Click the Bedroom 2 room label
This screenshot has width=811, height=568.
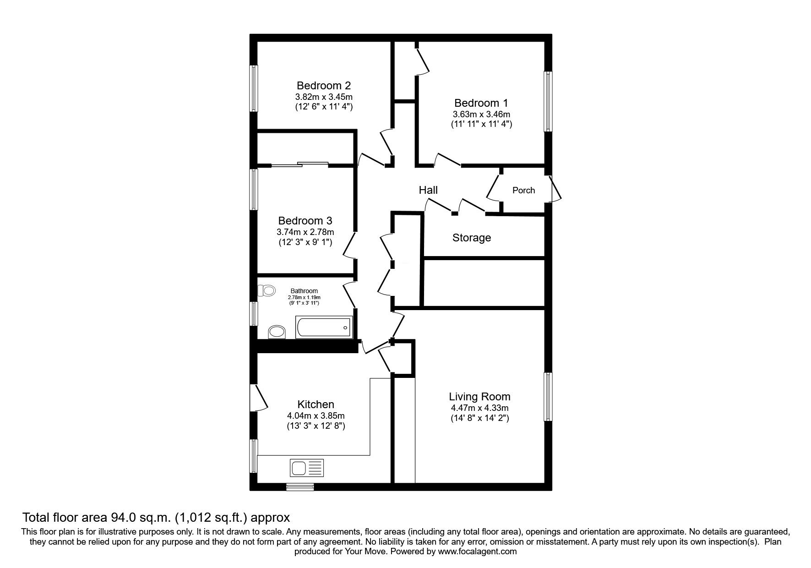click(x=324, y=86)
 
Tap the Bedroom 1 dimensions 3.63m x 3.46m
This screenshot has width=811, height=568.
click(x=481, y=114)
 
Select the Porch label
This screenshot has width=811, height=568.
click(x=523, y=190)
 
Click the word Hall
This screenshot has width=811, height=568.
click(x=428, y=190)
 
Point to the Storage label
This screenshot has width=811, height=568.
click(x=471, y=238)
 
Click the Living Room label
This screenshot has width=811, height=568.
click(x=479, y=397)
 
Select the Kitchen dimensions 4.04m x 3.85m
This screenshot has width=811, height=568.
click(x=316, y=416)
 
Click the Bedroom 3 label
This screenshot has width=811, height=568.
click(x=305, y=221)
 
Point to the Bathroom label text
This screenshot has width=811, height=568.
click(x=304, y=291)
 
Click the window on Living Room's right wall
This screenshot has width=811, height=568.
click(x=548, y=397)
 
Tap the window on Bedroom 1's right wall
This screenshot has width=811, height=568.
click(x=548, y=101)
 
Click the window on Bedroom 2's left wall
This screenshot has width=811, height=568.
click(x=253, y=88)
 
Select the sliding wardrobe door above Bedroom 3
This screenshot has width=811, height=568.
click(x=300, y=164)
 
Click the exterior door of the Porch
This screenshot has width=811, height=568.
click(x=555, y=189)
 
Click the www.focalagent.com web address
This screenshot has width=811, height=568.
click(x=477, y=552)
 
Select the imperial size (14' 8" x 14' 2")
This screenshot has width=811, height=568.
click(x=479, y=418)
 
